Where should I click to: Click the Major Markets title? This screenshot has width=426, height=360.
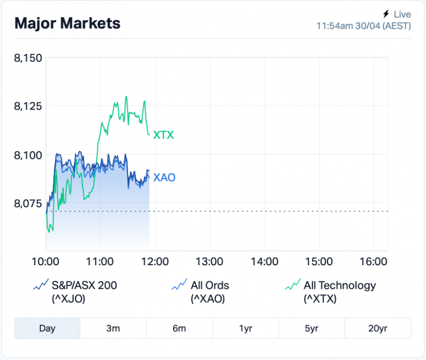[67, 23]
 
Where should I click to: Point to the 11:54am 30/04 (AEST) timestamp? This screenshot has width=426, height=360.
[364, 26]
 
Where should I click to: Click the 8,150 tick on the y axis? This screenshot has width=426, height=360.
[28, 58]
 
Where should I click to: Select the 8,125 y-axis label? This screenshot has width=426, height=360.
[28, 106]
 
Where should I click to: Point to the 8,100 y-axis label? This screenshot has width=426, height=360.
[28, 154]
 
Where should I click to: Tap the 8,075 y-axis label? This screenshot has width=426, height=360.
[28, 203]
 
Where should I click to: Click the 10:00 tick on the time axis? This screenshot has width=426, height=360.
[45, 261]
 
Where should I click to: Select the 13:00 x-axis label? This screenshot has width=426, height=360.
[209, 261]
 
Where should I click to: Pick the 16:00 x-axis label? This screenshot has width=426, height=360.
[373, 261]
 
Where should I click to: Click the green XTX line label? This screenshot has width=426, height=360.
[163, 135]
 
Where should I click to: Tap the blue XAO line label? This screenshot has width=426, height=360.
[164, 178]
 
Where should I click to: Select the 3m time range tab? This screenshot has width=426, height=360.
[113, 328]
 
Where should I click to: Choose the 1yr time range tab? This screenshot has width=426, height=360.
[245, 328]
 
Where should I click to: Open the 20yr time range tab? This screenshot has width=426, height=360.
[378, 328]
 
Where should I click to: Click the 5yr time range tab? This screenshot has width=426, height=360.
[312, 328]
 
